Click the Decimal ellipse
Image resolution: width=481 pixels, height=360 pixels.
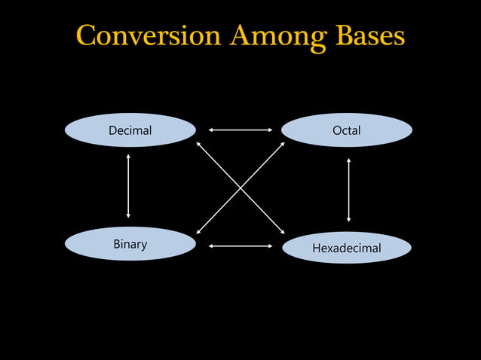point(130,130)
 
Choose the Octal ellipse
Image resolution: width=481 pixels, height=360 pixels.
point(347,130)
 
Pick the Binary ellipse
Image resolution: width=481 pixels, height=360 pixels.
point(130,244)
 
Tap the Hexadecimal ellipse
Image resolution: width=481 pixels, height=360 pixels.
point(347,248)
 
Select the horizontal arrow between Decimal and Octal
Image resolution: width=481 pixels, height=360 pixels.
point(240,130)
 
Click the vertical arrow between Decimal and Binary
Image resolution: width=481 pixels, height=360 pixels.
point(128,186)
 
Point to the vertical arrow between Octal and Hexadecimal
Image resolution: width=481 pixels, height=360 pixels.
point(348,190)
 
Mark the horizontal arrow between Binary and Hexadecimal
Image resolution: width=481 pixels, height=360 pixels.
point(240,246)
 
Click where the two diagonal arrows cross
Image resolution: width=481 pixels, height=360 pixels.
point(240,188)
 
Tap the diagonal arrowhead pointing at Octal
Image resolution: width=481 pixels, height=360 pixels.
point(282,144)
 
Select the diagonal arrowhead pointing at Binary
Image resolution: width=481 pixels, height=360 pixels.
point(198,232)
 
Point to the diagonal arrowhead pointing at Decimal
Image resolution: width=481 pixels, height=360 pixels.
point(198,143)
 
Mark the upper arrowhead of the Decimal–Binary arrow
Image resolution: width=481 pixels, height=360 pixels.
point(128,156)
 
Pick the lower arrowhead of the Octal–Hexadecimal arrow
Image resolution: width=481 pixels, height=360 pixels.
point(348,219)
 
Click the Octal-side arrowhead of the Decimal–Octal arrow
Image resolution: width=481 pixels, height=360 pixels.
point(270,130)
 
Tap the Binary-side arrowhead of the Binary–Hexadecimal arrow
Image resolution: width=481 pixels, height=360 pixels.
point(211,246)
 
